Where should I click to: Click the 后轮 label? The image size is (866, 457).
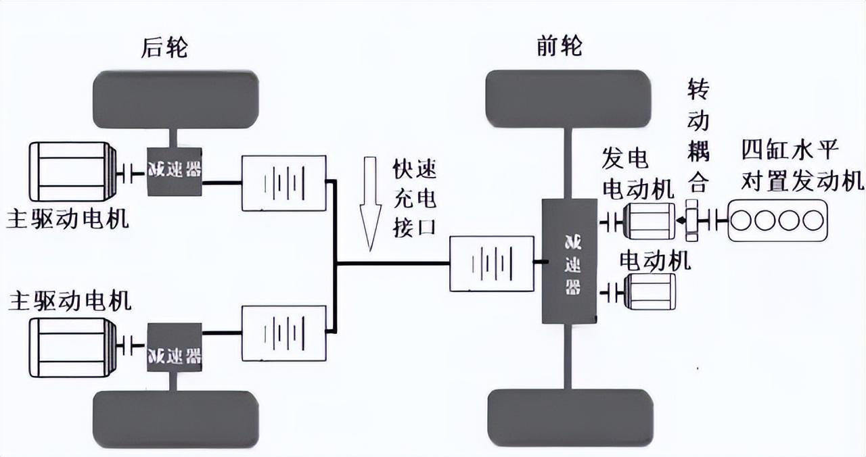click(164, 48)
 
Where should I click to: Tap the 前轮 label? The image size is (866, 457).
click(560, 47)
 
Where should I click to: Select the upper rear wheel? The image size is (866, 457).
click(176, 99)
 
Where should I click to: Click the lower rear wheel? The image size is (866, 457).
click(176, 419)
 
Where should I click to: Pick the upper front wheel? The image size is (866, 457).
click(568, 99)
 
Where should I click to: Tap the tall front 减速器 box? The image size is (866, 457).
click(570, 261)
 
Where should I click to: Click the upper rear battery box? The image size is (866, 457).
click(283, 183)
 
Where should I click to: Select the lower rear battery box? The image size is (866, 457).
click(283, 333)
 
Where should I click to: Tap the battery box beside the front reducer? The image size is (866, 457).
click(491, 263)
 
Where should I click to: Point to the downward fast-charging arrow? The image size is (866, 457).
click(369, 202)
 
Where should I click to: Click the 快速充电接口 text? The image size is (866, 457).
click(414, 199)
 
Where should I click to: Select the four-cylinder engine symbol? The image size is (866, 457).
click(777, 220)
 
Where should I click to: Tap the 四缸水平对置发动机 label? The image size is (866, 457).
click(802, 165)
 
